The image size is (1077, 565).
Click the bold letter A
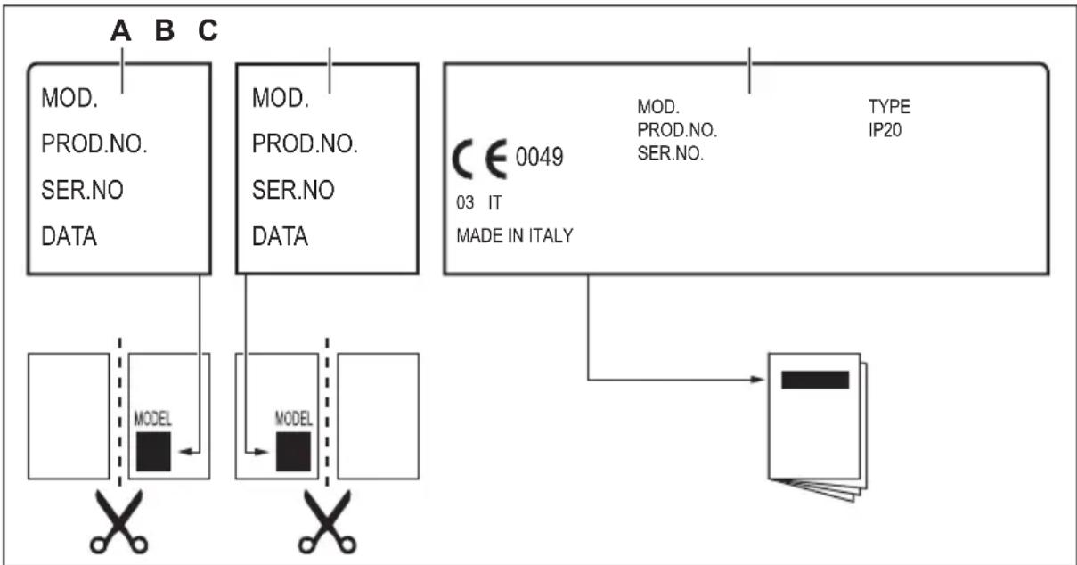(121, 32)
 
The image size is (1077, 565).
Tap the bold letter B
(165, 32)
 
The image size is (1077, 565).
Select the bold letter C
(207, 32)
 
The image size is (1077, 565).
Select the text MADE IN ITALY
(514, 236)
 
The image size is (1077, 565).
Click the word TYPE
(889, 108)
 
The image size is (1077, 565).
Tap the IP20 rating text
(886, 130)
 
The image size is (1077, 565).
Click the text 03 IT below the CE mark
(477, 203)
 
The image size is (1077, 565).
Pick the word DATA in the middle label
(280, 237)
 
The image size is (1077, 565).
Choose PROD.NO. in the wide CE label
(677, 130)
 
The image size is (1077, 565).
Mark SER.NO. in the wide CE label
(671, 152)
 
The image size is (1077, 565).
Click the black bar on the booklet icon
(814, 380)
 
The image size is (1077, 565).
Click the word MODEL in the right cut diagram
(294, 417)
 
